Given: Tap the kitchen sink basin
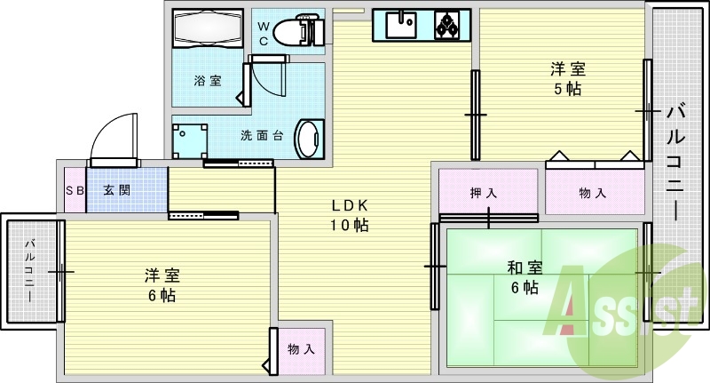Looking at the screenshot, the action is pyautogui.click(x=401, y=25).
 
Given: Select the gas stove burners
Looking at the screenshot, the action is pyautogui.click(x=447, y=25).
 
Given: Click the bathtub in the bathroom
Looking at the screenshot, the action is pyautogui.click(x=207, y=28).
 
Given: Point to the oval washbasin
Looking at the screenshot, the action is pyautogui.click(x=309, y=139).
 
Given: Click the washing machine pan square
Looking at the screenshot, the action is pyautogui.click(x=190, y=141).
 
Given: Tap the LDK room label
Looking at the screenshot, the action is pyautogui.click(x=350, y=215).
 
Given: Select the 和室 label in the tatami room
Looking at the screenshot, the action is pyautogui.click(x=525, y=267).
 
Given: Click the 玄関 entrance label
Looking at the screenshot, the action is pyautogui.click(x=117, y=190).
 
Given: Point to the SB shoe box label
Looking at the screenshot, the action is pyautogui.click(x=75, y=190).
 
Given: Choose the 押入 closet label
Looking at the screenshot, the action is pyautogui.click(x=484, y=193).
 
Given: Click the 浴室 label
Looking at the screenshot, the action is pyautogui.click(x=208, y=81).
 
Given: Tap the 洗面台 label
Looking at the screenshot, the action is pyautogui.click(x=262, y=135).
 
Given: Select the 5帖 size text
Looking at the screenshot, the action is pyautogui.click(x=568, y=89).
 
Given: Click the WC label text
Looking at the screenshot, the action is pyautogui.click(x=263, y=34).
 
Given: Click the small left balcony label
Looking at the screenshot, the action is pyautogui.click(x=29, y=271).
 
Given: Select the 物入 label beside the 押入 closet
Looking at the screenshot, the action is pyautogui.click(x=592, y=194).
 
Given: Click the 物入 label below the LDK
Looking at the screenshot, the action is pyautogui.click(x=301, y=349).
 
